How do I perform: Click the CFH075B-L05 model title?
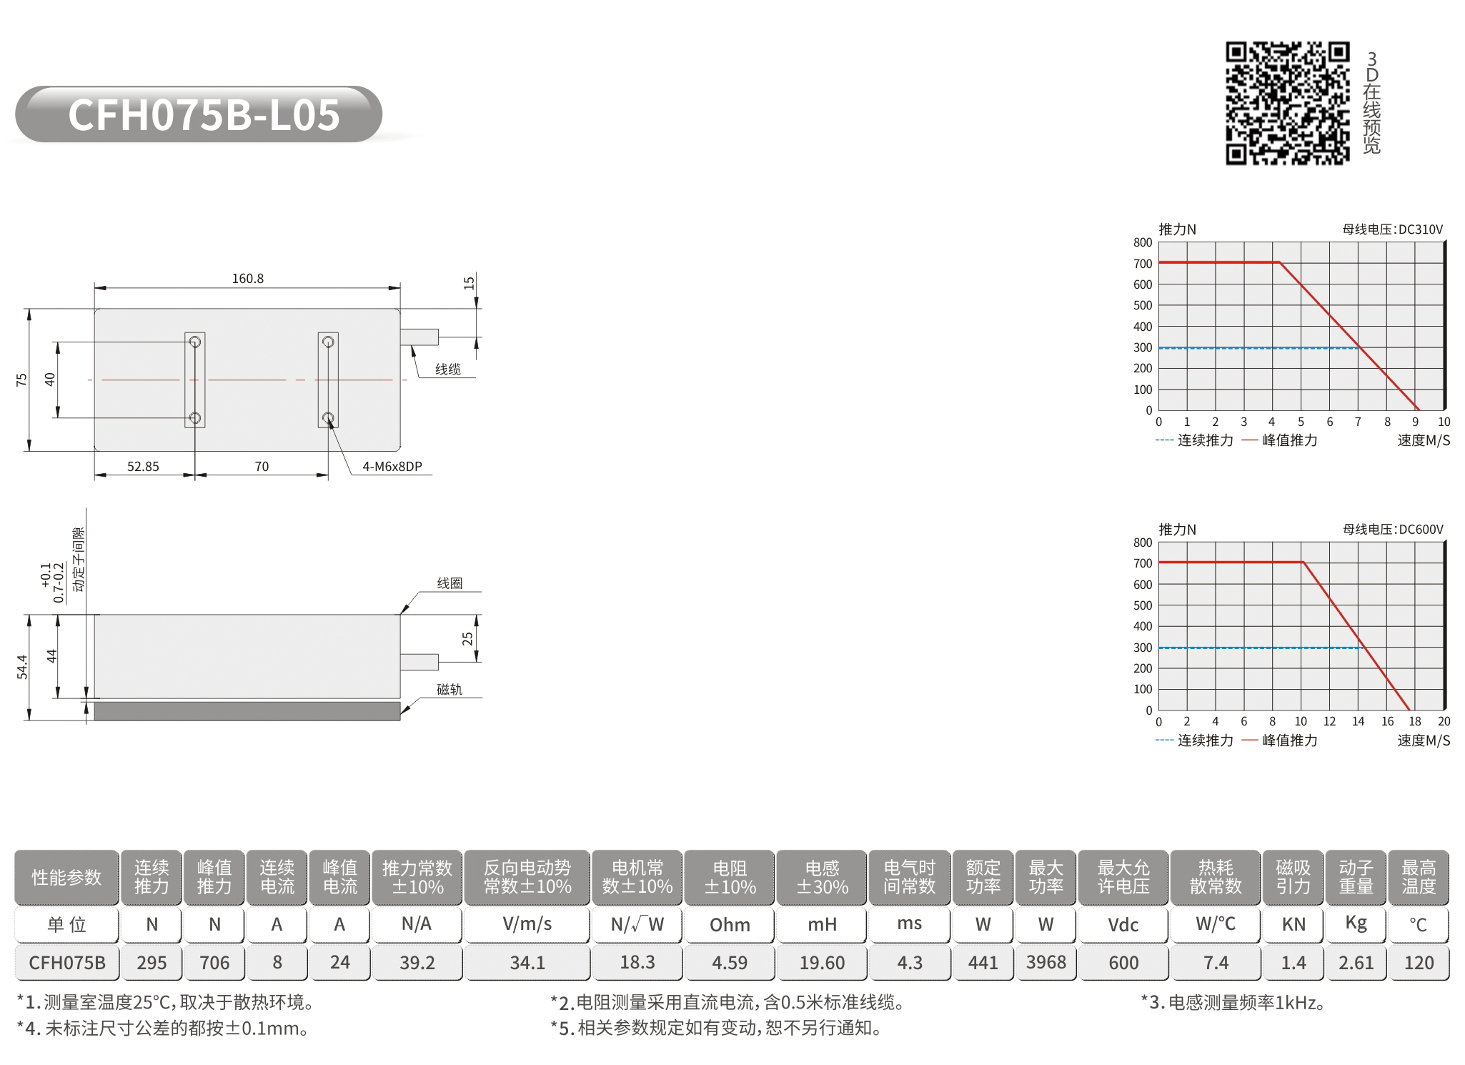click(x=204, y=114)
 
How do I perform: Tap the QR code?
click(x=1288, y=103)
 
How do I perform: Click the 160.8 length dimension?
click(x=247, y=278)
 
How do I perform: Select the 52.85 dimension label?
click(x=143, y=466)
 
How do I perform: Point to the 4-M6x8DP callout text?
click(x=392, y=466)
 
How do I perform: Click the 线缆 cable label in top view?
click(x=448, y=369)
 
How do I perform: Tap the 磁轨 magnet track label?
click(x=450, y=689)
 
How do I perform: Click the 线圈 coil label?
click(x=450, y=583)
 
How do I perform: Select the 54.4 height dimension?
click(x=22, y=667)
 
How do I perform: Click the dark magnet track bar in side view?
click(x=247, y=710)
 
